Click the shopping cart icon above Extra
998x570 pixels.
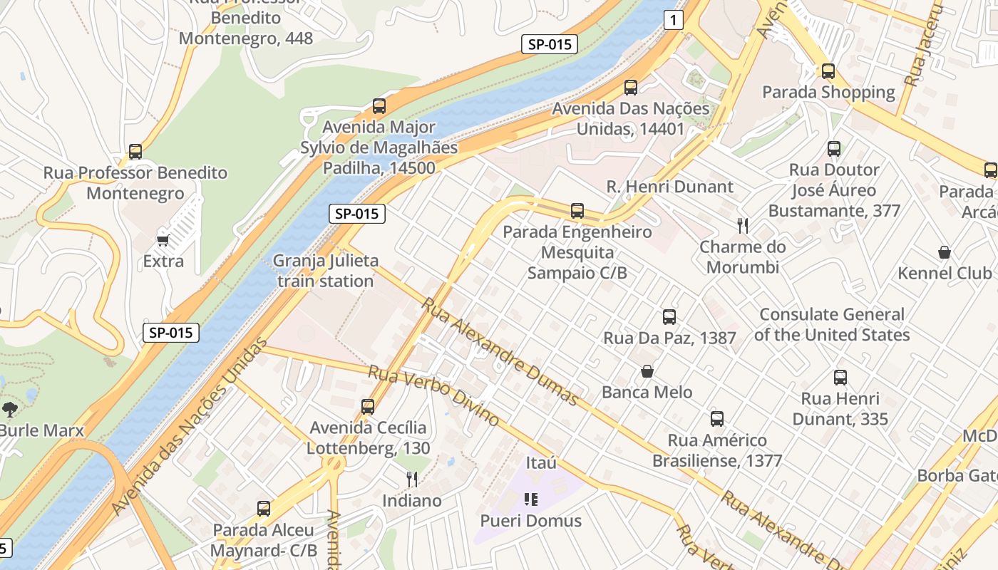pos(163,240)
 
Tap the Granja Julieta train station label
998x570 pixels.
pos(326,271)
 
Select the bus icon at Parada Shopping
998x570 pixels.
pos(828,71)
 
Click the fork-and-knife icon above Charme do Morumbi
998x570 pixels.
pos(743,226)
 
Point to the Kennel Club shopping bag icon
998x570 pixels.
pos(945,252)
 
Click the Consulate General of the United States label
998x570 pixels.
pos(832,324)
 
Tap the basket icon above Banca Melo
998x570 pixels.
pos(647,371)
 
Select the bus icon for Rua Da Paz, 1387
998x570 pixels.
pos(669,317)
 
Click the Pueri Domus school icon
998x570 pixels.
pos(530,499)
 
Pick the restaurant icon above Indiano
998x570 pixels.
pos(411,479)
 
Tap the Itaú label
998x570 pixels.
pos(541,463)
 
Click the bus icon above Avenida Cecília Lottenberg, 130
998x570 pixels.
pos(368,407)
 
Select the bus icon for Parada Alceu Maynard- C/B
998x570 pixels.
pos(264,509)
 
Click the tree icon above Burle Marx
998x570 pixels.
pos(10,409)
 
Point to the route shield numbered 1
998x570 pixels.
pos(673,21)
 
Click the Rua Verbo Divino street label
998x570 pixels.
pos(433,395)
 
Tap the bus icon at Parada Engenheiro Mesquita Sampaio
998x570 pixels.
pos(577,211)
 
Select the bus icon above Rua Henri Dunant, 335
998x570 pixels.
pos(840,378)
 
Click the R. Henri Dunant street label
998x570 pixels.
pos(669,187)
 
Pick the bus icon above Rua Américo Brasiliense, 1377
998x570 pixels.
pos(717,419)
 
